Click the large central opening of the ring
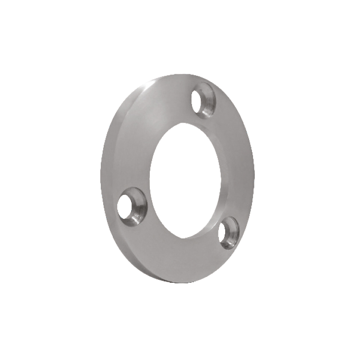(185, 178)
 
